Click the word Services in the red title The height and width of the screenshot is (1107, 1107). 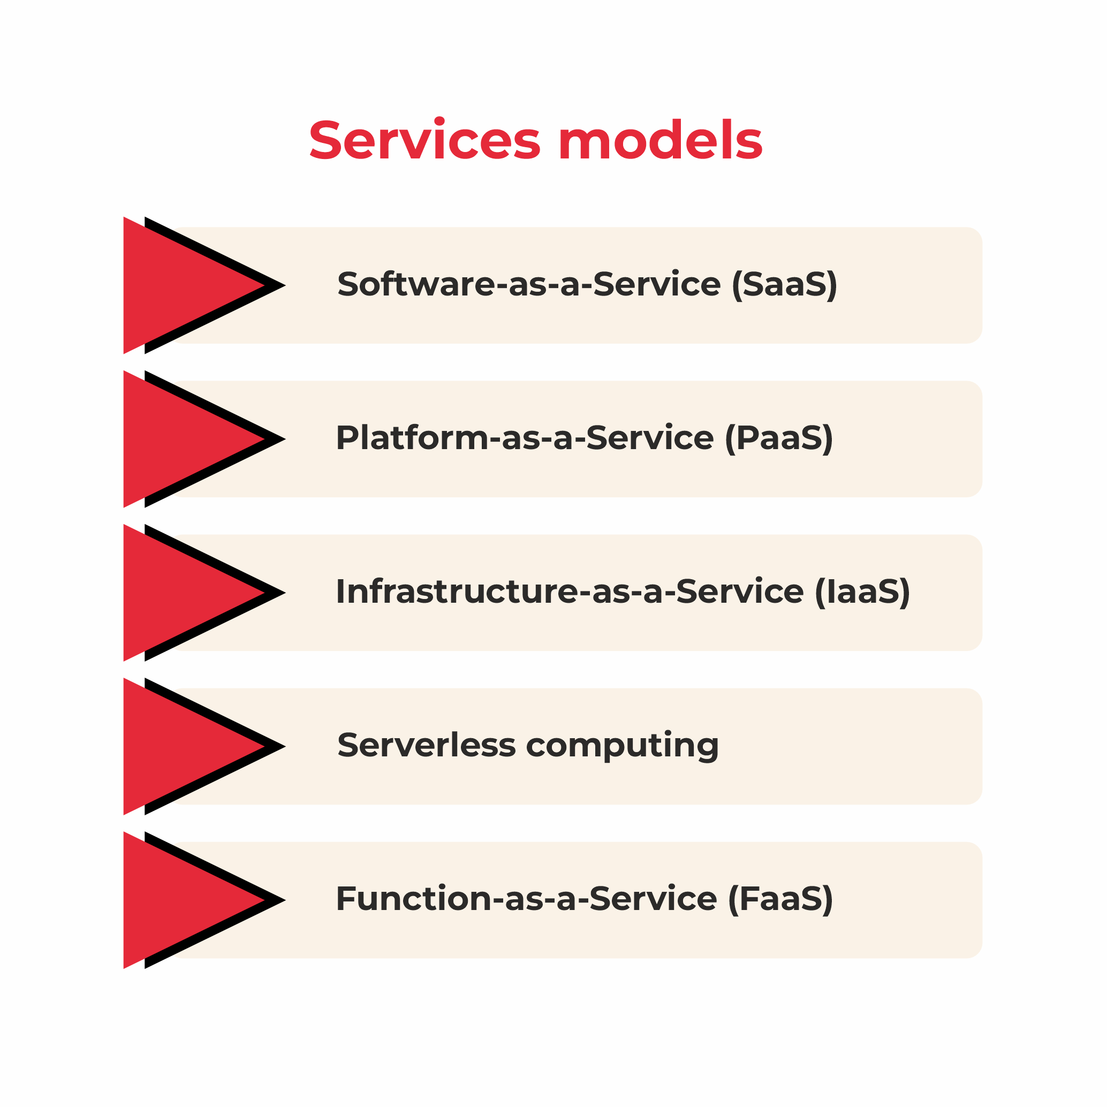[x=424, y=139]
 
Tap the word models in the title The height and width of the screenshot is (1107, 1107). [x=660, y=139]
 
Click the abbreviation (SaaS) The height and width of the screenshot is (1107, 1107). [x=784, y=285]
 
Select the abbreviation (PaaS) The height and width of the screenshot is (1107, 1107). [x=779, y=439]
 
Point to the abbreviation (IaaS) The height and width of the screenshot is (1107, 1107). [x=862, y=593]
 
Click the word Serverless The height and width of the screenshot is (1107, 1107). [x=427, y=745]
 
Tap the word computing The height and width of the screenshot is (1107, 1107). [x=622, y=747]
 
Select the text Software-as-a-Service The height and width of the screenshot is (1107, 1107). [x=529, y=284]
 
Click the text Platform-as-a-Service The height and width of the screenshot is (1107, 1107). [x=525, y=438]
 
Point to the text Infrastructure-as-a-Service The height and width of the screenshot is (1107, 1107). [x=570, y=592]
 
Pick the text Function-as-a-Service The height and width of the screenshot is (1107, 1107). [x=527, y=898]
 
